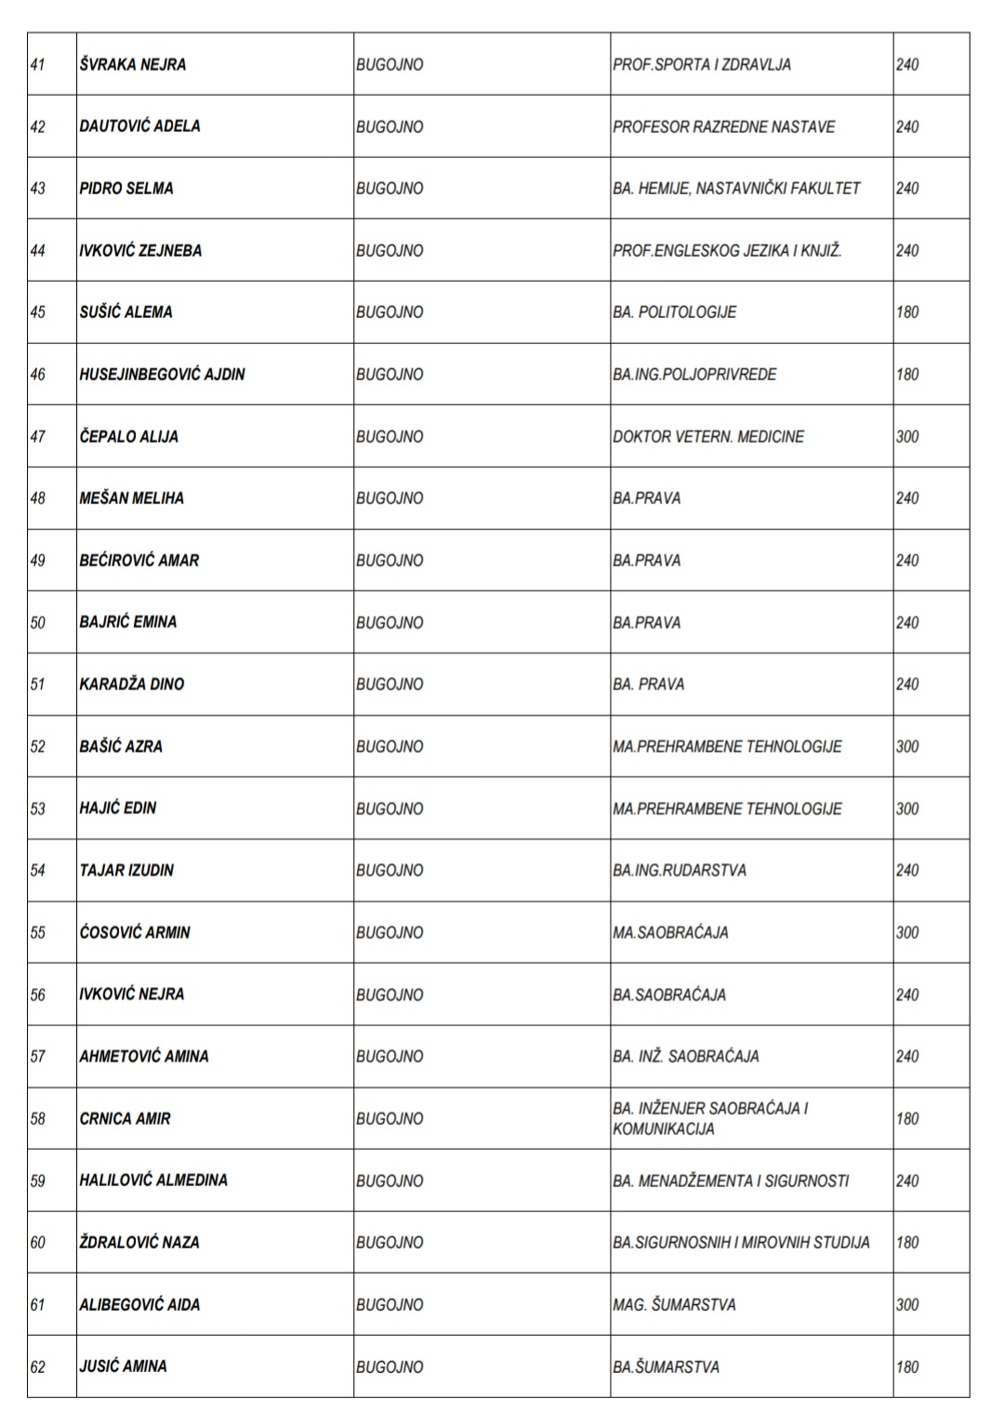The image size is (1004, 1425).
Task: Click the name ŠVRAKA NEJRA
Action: coord(133,64)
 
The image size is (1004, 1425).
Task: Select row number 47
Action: coord(38,436)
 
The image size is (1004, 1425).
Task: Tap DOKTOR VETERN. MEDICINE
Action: coord(708,436)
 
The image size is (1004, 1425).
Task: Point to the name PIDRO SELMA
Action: coord(126,188)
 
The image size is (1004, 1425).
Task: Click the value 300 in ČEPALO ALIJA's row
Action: coord(907,436)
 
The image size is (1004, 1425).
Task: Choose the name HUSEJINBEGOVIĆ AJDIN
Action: coord(163,374)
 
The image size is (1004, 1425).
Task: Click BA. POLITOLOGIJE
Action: coord(675,312)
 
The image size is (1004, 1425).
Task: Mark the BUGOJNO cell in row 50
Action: coord(390,622)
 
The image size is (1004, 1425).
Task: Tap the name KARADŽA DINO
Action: coord(132,684)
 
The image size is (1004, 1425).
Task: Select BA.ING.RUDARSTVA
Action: coord(680,870)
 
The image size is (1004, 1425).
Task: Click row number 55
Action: coord(38,932)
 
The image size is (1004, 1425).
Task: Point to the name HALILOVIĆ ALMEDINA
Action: coord(153,1181)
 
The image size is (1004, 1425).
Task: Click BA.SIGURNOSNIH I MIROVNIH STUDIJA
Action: coord(741,1242)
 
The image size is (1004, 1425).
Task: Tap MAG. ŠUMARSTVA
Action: coord(674,1304)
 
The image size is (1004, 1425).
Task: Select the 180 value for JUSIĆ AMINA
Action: coord(907,1366)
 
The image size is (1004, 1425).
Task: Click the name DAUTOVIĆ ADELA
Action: coord(139,126)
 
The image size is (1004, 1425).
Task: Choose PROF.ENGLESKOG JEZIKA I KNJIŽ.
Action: coord(727,250)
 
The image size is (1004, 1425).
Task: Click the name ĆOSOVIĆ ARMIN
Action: coord(135,932)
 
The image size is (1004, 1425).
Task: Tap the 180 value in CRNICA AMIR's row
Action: coord(907,1118)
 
